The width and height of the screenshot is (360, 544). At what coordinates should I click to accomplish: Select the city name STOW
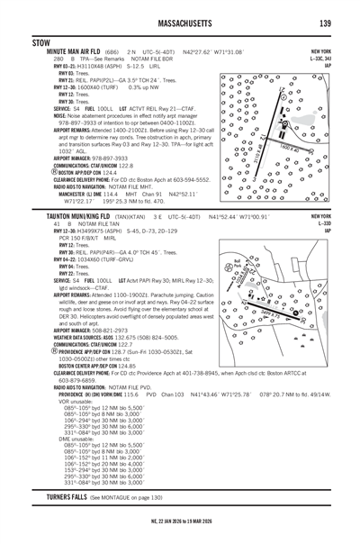click(x=40, y=42)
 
